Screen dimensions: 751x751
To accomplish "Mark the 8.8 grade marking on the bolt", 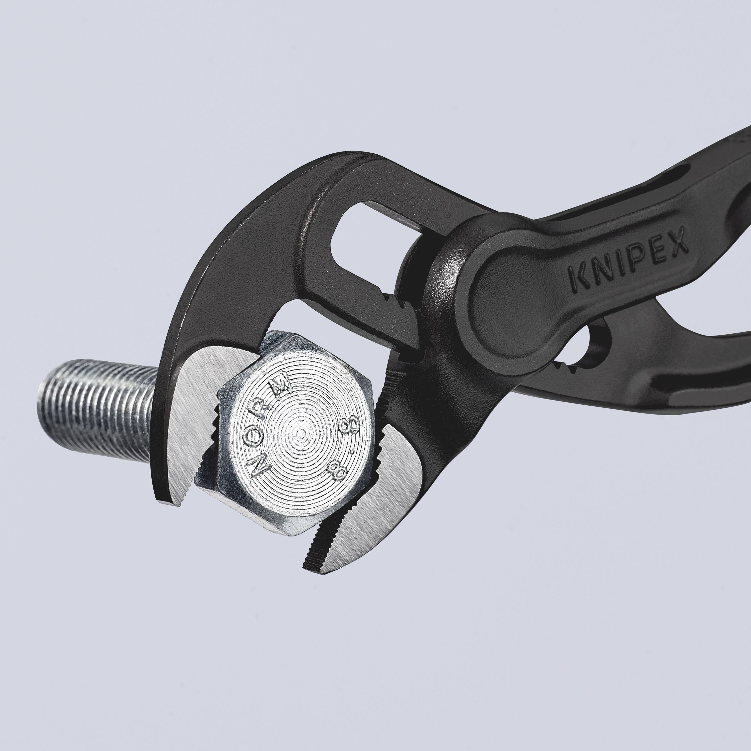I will [x=339, y=447].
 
